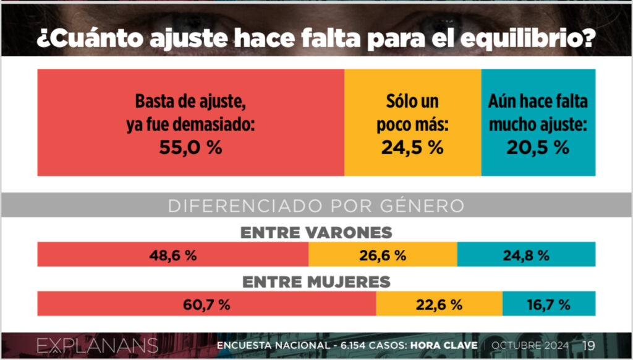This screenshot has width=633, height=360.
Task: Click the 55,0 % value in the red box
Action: pyautogui.click(x=190, y=148)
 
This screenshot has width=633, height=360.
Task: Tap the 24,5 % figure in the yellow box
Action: pyautogui.click(x=412, y=148)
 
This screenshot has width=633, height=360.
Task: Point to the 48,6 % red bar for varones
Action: pyautogui.click(x=173, y=255)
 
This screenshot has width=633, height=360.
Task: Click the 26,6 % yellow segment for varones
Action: pyautogui.click(x=383, y=255)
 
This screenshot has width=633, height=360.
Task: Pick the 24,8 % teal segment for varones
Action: pyautogui.click(x=526, y=255)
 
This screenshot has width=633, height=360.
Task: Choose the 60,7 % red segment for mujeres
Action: pyautogui.click(x=206, y=304)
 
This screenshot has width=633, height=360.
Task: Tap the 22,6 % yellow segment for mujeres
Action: pyautogui.click(x=439, y=304)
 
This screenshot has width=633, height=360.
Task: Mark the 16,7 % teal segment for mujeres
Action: pyautogui.click(x=549, y=304)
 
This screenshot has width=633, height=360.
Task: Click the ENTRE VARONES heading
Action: pyautogui.click(x=316, y=233)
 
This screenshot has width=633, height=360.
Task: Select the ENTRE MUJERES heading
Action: pyautogui.click(x=316, y=281)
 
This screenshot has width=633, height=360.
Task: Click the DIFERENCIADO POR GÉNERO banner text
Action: pyautogui.click(x=316, y=206)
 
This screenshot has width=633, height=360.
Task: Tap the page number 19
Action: pyautogui.click(x=588, y=345)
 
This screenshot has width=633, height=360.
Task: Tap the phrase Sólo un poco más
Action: pyautogui.click(x=412, y=113)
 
